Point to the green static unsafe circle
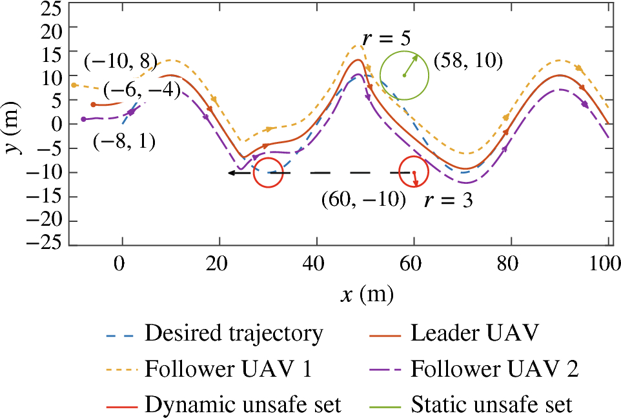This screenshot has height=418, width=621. [x=404, y=75]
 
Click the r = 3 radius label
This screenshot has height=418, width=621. [x=448, y=201]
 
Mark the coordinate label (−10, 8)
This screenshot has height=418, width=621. [x=121, y=62]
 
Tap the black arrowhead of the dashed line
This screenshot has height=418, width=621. [x=230, y=173]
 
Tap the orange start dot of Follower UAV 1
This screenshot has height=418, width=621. [x=74, y=85]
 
